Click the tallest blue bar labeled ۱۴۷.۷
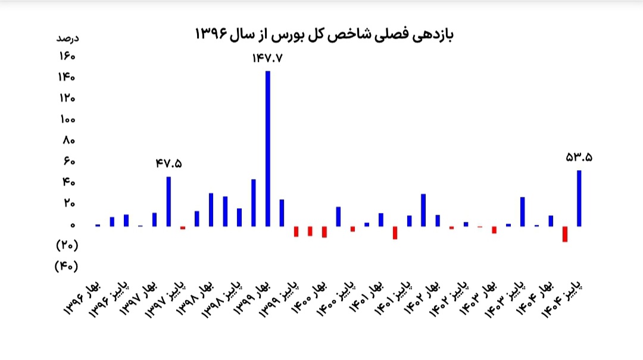coord(268,149)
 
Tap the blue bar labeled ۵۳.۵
coord(579,198)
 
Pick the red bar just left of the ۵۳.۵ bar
coord(565,234)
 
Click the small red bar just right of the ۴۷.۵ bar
coord(183,228)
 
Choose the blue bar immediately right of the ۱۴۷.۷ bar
coord(282,212)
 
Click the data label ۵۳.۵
coord(579,158)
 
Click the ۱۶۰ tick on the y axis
coord(67,57)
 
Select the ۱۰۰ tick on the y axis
coord(67,120)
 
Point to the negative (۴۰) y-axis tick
coord(66,266)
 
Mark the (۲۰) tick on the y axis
coord(66,245)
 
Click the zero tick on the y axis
coord(71,226)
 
